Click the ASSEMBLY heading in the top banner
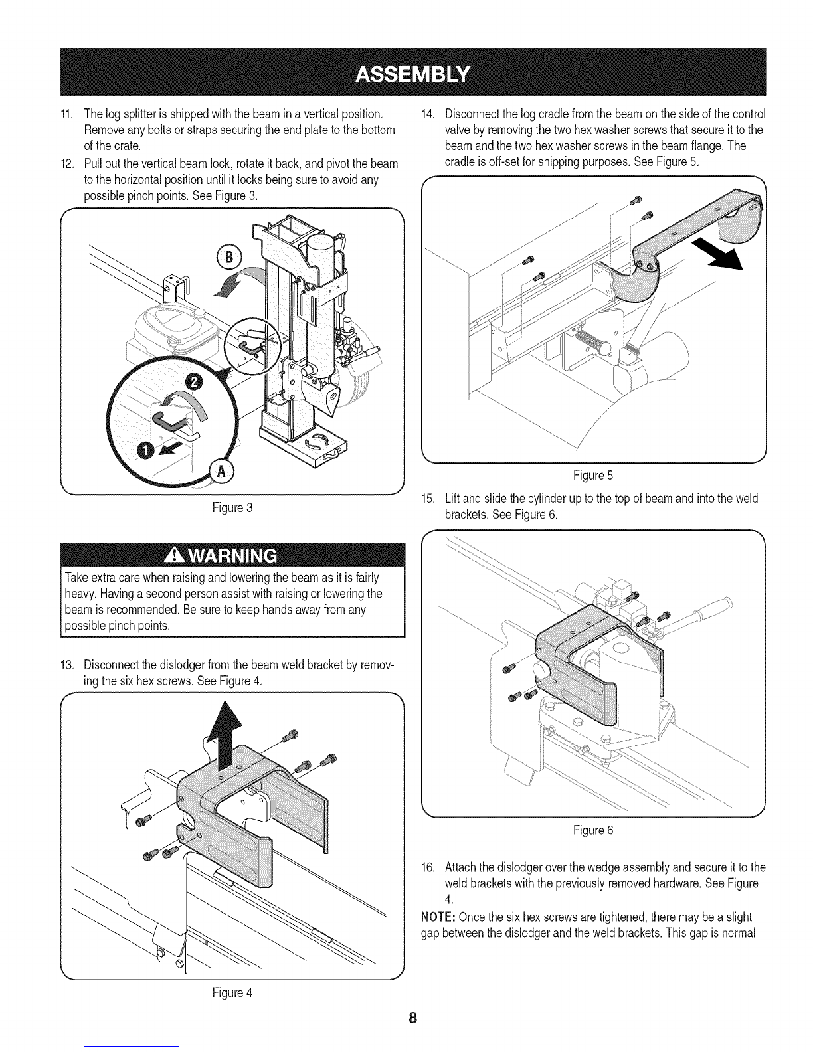412,72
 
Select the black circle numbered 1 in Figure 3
145,451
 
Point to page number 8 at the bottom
412,1018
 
